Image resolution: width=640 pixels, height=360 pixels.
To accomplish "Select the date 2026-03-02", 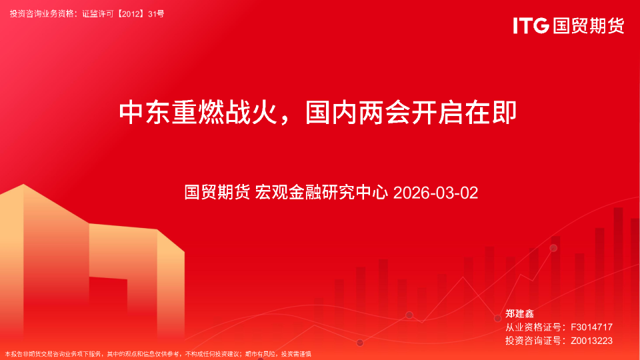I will [436, 193].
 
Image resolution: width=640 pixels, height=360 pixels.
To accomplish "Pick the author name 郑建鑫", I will [520, 313].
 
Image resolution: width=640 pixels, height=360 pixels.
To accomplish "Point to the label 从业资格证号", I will [531, 327].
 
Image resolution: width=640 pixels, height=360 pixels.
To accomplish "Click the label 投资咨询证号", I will [531, 341].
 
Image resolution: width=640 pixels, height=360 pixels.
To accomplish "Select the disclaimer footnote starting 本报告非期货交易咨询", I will [158, 354].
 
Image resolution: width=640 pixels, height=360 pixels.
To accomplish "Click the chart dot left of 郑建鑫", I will [497, 318].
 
